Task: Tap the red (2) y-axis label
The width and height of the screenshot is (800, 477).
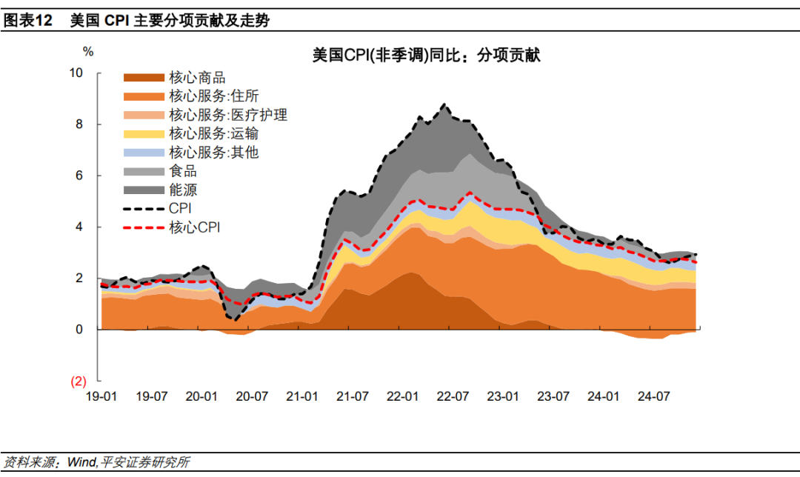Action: pos(78,381)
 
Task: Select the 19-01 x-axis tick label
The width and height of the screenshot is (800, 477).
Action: pos(101,397)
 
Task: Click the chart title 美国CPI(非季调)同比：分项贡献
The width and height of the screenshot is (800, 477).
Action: pos(426,55)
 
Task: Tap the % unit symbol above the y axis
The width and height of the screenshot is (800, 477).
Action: pos(88,52)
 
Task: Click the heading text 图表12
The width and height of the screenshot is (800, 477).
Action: pos(28,21)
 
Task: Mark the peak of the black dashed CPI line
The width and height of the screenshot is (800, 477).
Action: pos(443,105)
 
